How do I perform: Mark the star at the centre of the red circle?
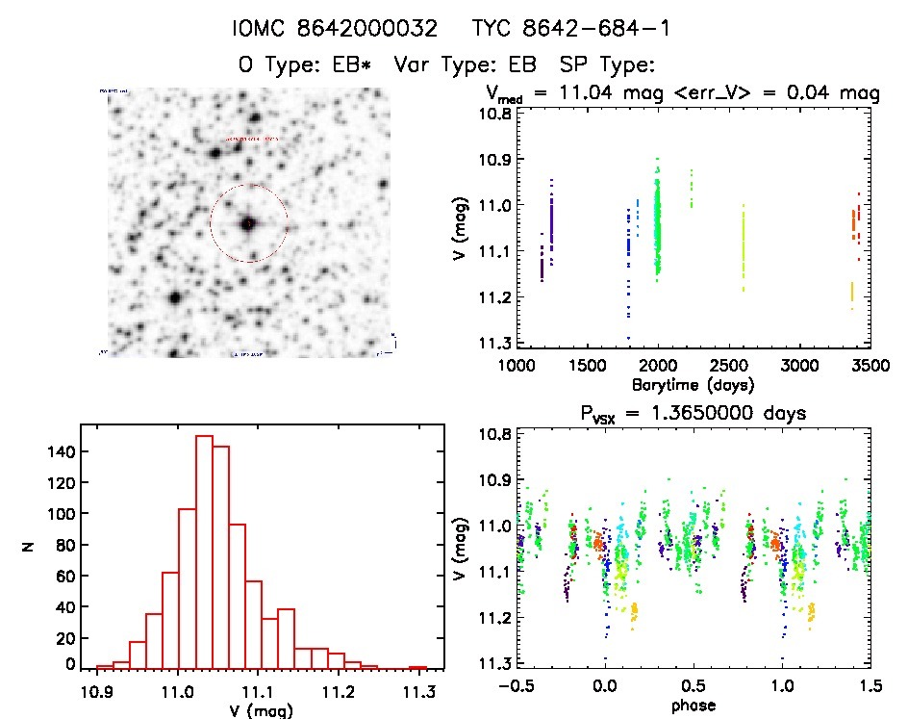pyautogui.click(x=248, y=223)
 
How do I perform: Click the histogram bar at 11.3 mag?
pyautogui.click(x=417, y=667)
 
